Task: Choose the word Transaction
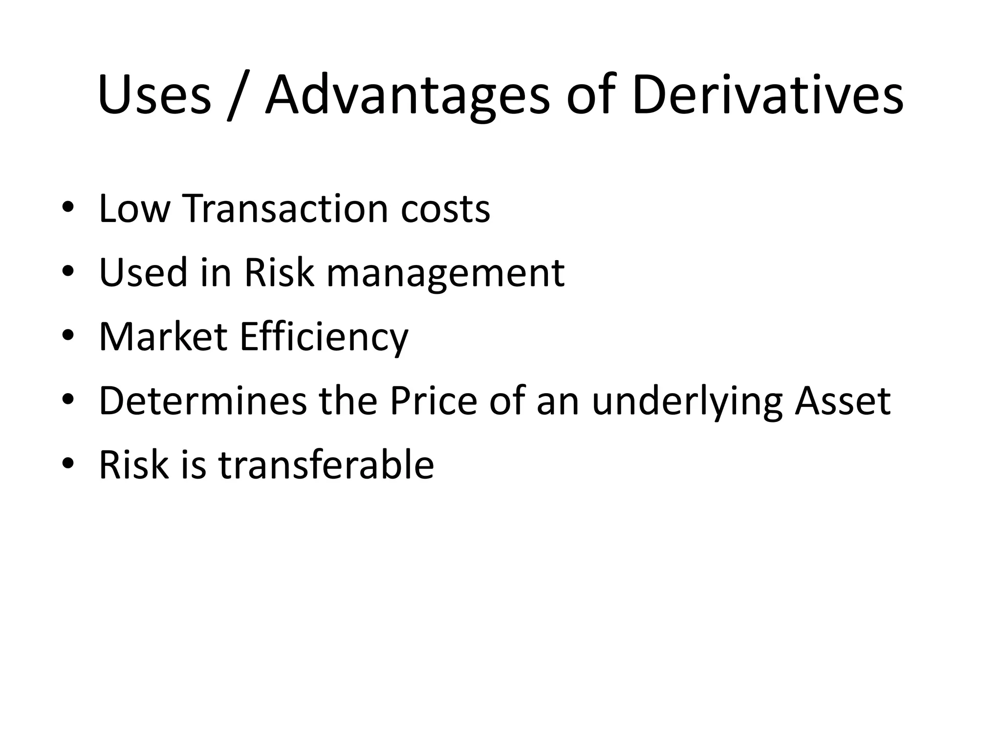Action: [285, 209]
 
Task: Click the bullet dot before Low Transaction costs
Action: [68, 207]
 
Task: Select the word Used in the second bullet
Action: [143, 273]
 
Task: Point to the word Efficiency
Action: [324, 338]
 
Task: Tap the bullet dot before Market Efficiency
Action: [68, 335]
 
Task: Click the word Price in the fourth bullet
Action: [433, 401]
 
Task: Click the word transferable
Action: [326, 465]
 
